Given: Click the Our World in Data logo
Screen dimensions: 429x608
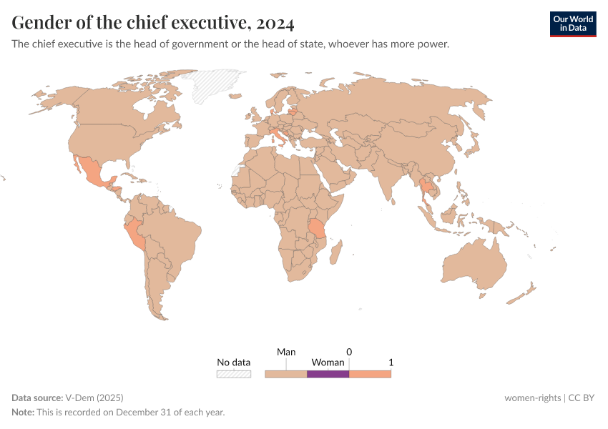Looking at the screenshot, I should (x=572, y=24).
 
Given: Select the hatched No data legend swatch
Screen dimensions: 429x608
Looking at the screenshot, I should (x=234, y=373).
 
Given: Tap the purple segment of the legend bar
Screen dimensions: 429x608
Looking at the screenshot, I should (x=328, y=373).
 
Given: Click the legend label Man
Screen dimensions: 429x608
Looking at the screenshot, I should (x=286, y=352).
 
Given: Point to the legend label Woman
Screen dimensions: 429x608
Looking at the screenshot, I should (x=328, y=363).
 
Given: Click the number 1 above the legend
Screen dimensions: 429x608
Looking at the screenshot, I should (x=391, y=363).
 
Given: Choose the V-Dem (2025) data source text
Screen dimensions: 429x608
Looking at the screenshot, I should (x=94, y=398).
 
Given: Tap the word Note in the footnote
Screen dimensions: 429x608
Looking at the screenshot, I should (x=22, y=412).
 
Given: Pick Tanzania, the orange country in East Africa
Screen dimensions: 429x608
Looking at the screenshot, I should (x=317, y=230).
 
